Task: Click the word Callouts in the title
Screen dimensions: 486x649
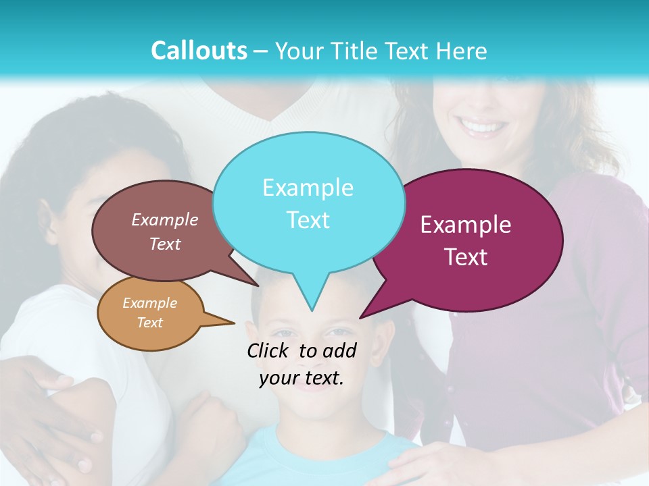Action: click(199, 51)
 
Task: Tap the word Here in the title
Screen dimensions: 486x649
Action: click(460, 51)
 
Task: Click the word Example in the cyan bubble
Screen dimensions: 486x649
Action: click(308, 188)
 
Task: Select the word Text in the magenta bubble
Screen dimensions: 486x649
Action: click(466, 256)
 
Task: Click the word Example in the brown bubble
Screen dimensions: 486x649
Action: click(165, 219)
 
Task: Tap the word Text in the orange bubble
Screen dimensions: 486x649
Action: click(150, 323)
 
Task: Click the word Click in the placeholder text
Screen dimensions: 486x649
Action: click(269, 350)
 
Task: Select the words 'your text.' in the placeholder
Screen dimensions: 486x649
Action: click(302, 379)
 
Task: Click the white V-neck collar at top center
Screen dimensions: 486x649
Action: click(270, 111)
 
